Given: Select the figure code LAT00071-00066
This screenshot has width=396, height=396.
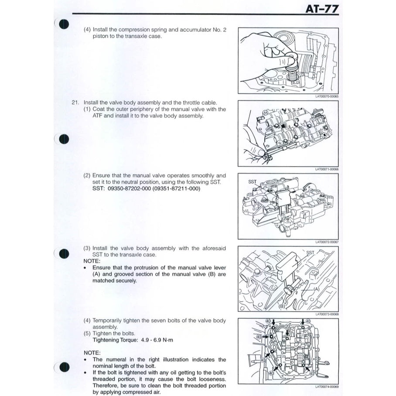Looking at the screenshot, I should click(x=327, y=169).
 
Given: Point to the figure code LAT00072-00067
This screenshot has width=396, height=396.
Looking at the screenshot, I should click(x=327, y=242).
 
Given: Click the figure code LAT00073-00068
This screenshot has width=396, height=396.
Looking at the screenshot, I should click(x=327, y=314).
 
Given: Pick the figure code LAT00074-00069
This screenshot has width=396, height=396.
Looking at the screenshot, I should click(x=327, y=386).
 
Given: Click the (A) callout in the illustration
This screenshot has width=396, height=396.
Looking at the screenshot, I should click(x=316, y=288).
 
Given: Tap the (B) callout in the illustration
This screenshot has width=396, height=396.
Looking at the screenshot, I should click(x=282, y=307).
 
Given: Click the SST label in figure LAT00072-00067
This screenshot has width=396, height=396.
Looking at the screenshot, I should click(x=253, y=181).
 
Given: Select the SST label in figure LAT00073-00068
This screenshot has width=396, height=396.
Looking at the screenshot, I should click(x=310, y=253).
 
